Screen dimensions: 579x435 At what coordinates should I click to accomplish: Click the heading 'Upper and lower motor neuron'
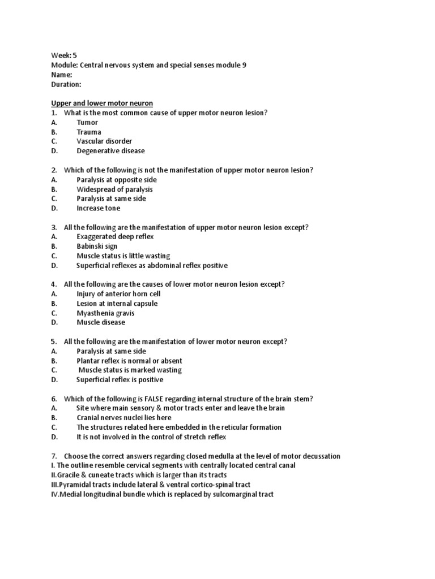click(102, 103)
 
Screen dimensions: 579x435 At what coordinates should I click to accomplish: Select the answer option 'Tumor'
click(87, 122)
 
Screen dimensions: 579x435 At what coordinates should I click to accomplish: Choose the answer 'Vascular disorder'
click(104, 141)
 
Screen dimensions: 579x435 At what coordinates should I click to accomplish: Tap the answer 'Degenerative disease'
click(110, 151)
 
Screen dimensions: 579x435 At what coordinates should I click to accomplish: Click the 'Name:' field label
click(61, 75)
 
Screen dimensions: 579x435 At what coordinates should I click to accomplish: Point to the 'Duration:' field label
click(66, 84)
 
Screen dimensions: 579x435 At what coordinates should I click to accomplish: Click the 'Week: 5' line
click(63, 55)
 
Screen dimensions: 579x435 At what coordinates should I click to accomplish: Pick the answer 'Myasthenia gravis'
click(105, 313)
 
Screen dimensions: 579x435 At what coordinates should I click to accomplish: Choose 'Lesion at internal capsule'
click(117, 304)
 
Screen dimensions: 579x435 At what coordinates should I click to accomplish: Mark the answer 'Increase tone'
click(99, 208)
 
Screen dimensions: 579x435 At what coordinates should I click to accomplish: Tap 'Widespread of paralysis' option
click(114, 189)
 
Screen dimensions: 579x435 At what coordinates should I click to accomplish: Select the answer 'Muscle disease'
click(101, 322)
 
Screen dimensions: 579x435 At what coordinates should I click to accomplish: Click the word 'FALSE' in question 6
click(152, 399)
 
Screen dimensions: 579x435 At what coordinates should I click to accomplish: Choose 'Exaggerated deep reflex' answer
click(115, 237)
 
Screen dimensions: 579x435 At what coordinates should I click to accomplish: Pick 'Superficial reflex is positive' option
click(120, 380)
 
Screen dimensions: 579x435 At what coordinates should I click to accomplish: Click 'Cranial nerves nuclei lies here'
click(123, 418)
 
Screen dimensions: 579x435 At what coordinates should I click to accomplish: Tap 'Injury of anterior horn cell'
click(118, 294)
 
